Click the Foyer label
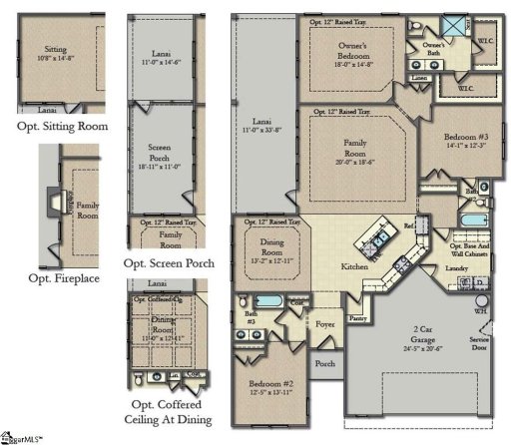pyautogui.click(x=323, y=322)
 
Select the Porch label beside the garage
pyautogui.click(x=324, y=363)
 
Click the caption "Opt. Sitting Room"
pyautogui.click(x=62, y=127)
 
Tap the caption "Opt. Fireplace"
pyautogui.click(x=63, y=277)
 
